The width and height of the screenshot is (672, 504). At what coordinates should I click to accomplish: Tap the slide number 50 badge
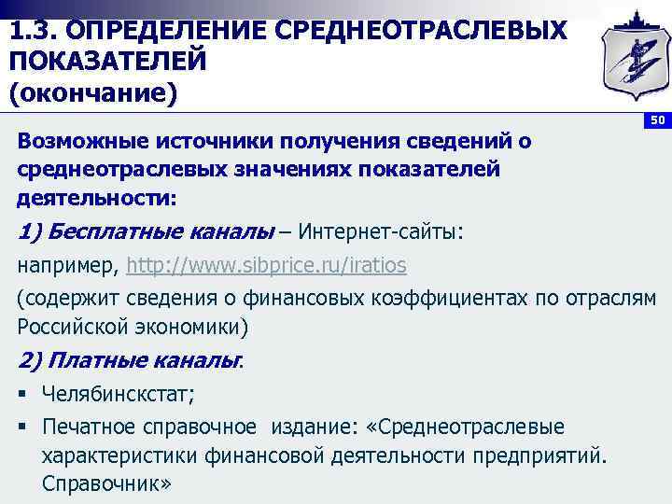coord(657,121)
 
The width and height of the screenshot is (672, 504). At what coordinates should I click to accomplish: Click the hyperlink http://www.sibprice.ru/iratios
coord(266,265)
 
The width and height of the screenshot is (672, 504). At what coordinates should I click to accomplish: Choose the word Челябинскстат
coord(118,394)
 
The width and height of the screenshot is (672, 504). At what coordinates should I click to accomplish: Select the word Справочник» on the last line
coord(107,485)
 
